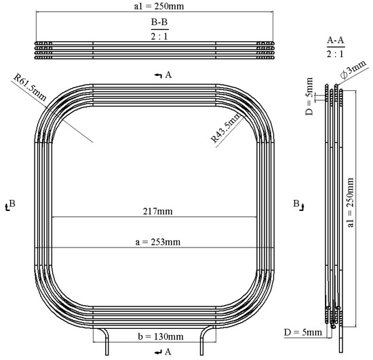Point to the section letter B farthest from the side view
[8, 203]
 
